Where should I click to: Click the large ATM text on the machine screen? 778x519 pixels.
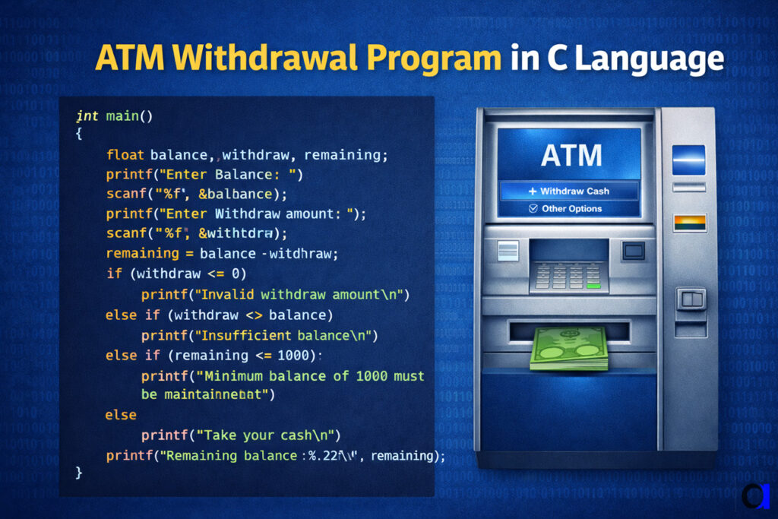pyautogui.click(x=571, y=156)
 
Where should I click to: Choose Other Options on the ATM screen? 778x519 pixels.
pyautogui.click(x=571, y=208)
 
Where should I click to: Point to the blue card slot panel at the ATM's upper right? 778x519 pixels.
pyautogui.click(x=689, y=160)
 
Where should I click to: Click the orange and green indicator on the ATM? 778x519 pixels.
pyautogui.click(x=689, y=223)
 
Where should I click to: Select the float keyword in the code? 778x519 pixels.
pyautogui.click(x=125, y=155)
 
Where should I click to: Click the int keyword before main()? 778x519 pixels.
pyautogui.click(x=88, y=116)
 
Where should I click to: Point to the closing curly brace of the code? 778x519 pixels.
pyautogui.click(x=79, y=472)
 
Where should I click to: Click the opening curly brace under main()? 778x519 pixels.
pyautogui.click(x=79, y=134)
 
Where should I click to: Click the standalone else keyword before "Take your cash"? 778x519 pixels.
pyautogui.click(x=121, y=415)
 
